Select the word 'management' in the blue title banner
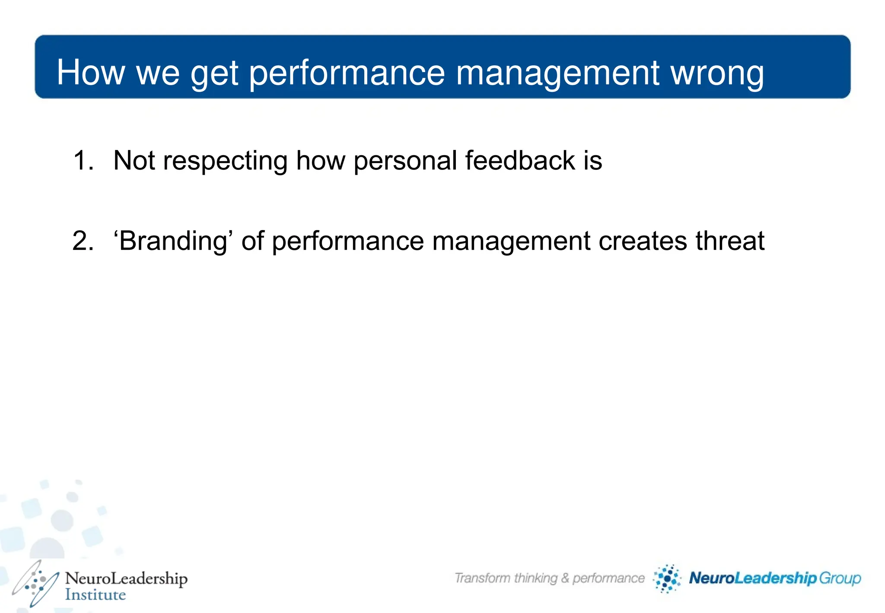(557, 73)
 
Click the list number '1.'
(83, 160)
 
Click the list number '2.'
(83, 241)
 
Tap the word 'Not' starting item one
(134, 160)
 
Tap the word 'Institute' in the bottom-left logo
(95, 594)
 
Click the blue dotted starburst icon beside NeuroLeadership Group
(667, 578)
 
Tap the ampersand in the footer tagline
(565, 578)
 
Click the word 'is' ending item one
(592, 160)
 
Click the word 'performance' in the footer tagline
(608, 578)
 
